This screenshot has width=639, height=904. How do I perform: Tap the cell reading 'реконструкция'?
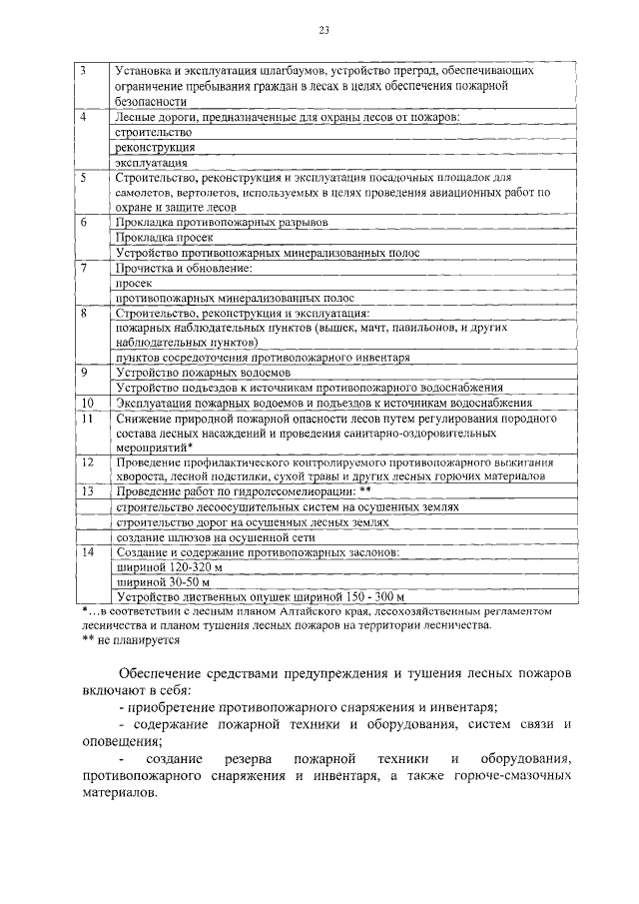point(154,147)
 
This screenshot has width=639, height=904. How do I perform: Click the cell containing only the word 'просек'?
point(133,283)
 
